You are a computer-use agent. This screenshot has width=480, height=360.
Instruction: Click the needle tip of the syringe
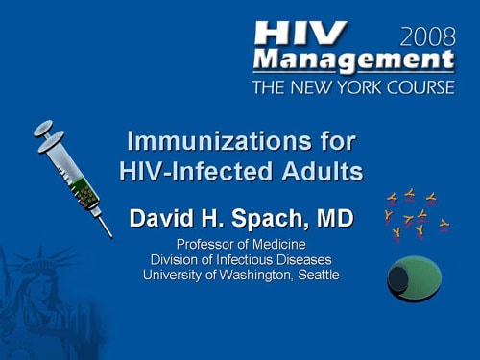click(110, 235)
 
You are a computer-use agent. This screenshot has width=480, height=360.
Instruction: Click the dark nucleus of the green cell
click(398, 279)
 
